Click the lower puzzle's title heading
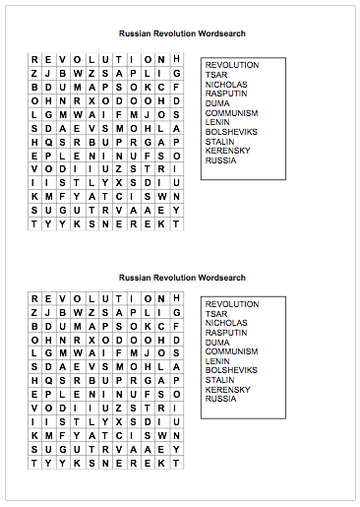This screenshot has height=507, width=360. (182, 279)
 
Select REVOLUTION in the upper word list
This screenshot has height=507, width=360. (232, 66)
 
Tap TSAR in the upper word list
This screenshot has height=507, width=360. (215, 75)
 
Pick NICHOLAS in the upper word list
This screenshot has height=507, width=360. (226, 85)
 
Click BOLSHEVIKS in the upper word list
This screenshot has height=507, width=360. (231, 132)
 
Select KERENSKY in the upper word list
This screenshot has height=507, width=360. (228, 151)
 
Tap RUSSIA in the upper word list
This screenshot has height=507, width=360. (220, 160)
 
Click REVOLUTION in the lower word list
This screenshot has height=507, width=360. (232, 304)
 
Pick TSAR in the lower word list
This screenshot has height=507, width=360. (215, 314)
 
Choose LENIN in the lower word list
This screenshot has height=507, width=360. (217, 361)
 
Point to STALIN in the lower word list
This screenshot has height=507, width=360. (219, 380)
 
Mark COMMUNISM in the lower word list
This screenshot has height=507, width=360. (231, 351)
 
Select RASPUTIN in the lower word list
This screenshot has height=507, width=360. (226, 333)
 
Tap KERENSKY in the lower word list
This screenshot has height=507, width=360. (228, 390)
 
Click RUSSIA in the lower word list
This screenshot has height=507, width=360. (220, 399)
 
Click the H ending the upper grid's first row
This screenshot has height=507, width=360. (177, 60)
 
